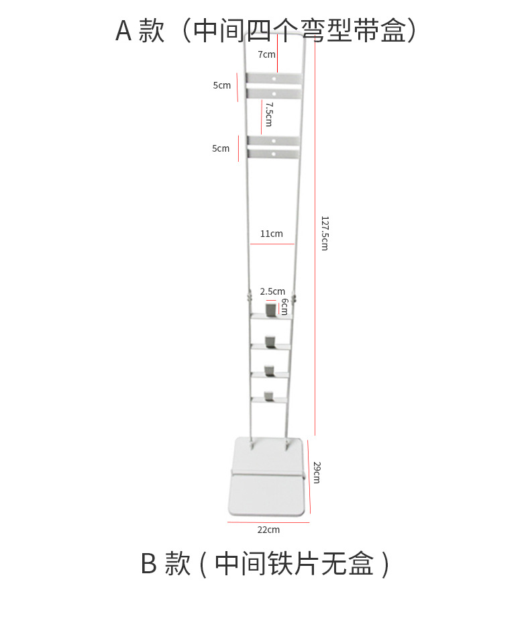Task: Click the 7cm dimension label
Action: tap(266, 54)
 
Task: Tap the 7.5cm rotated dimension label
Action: tap(269, 114)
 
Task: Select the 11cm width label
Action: tap(272, 234)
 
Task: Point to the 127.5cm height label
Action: tap(325, 234)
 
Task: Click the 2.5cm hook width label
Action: tap(272, 291)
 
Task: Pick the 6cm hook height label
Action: tap(284, 307)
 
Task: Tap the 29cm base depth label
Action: tap(317, 473)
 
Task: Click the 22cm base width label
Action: tap(268, 530)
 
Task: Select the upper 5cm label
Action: tap(222, 85)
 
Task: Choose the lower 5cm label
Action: tap(221, 148)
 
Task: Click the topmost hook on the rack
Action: tap(270, 310)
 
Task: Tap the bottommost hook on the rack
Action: tap(268, 397)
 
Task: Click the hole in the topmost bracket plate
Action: tap(274, 79)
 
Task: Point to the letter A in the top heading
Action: tap(123, 31)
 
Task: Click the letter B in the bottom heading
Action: tap(149, 563)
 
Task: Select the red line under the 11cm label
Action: tap(272, 244)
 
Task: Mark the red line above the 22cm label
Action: tap(268, 522)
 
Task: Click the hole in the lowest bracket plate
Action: tap(274, 154)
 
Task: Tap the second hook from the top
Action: tap(270, 342)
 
